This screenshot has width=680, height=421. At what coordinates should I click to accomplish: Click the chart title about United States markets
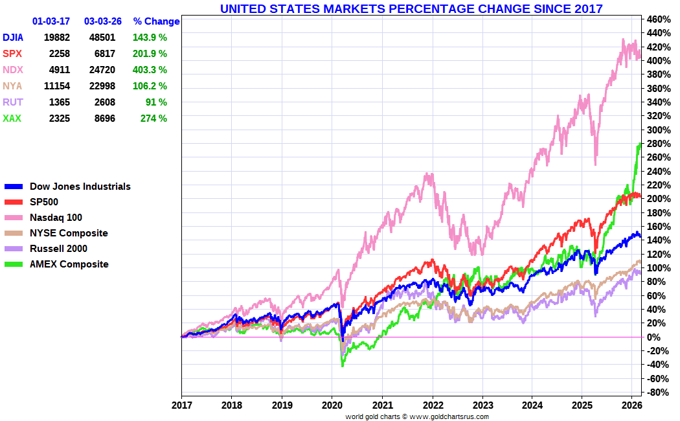tap(411, 8)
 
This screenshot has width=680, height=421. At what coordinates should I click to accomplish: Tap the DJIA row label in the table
tap(14, 38)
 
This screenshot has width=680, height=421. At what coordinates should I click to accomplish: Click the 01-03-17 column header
tap(51, 21)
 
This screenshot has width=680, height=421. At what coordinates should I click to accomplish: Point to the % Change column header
tap(156, 21)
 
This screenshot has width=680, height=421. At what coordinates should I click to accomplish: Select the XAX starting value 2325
tap(56, 119)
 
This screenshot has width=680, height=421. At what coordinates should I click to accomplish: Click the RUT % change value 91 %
tap(156, 102)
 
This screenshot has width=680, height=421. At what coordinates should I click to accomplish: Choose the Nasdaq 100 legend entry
tap(56, 218)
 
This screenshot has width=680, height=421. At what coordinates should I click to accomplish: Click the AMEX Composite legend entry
tap(69, 264)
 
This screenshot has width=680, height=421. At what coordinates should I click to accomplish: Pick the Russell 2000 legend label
tap(58, 249)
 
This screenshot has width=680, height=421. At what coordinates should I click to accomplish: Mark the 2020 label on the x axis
tap(332, 404)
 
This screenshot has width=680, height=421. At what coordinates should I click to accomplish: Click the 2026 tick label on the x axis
tap(631, 404)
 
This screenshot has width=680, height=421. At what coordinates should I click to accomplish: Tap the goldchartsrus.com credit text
tap(417, 416)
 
